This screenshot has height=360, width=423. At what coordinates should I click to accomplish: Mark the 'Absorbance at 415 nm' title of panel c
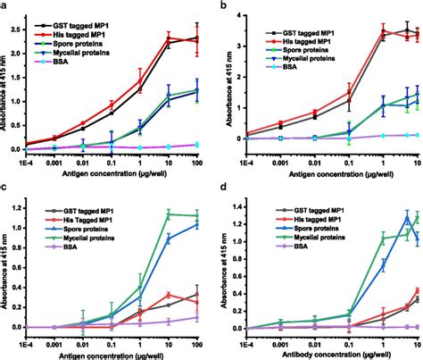[x=6, y=268]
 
